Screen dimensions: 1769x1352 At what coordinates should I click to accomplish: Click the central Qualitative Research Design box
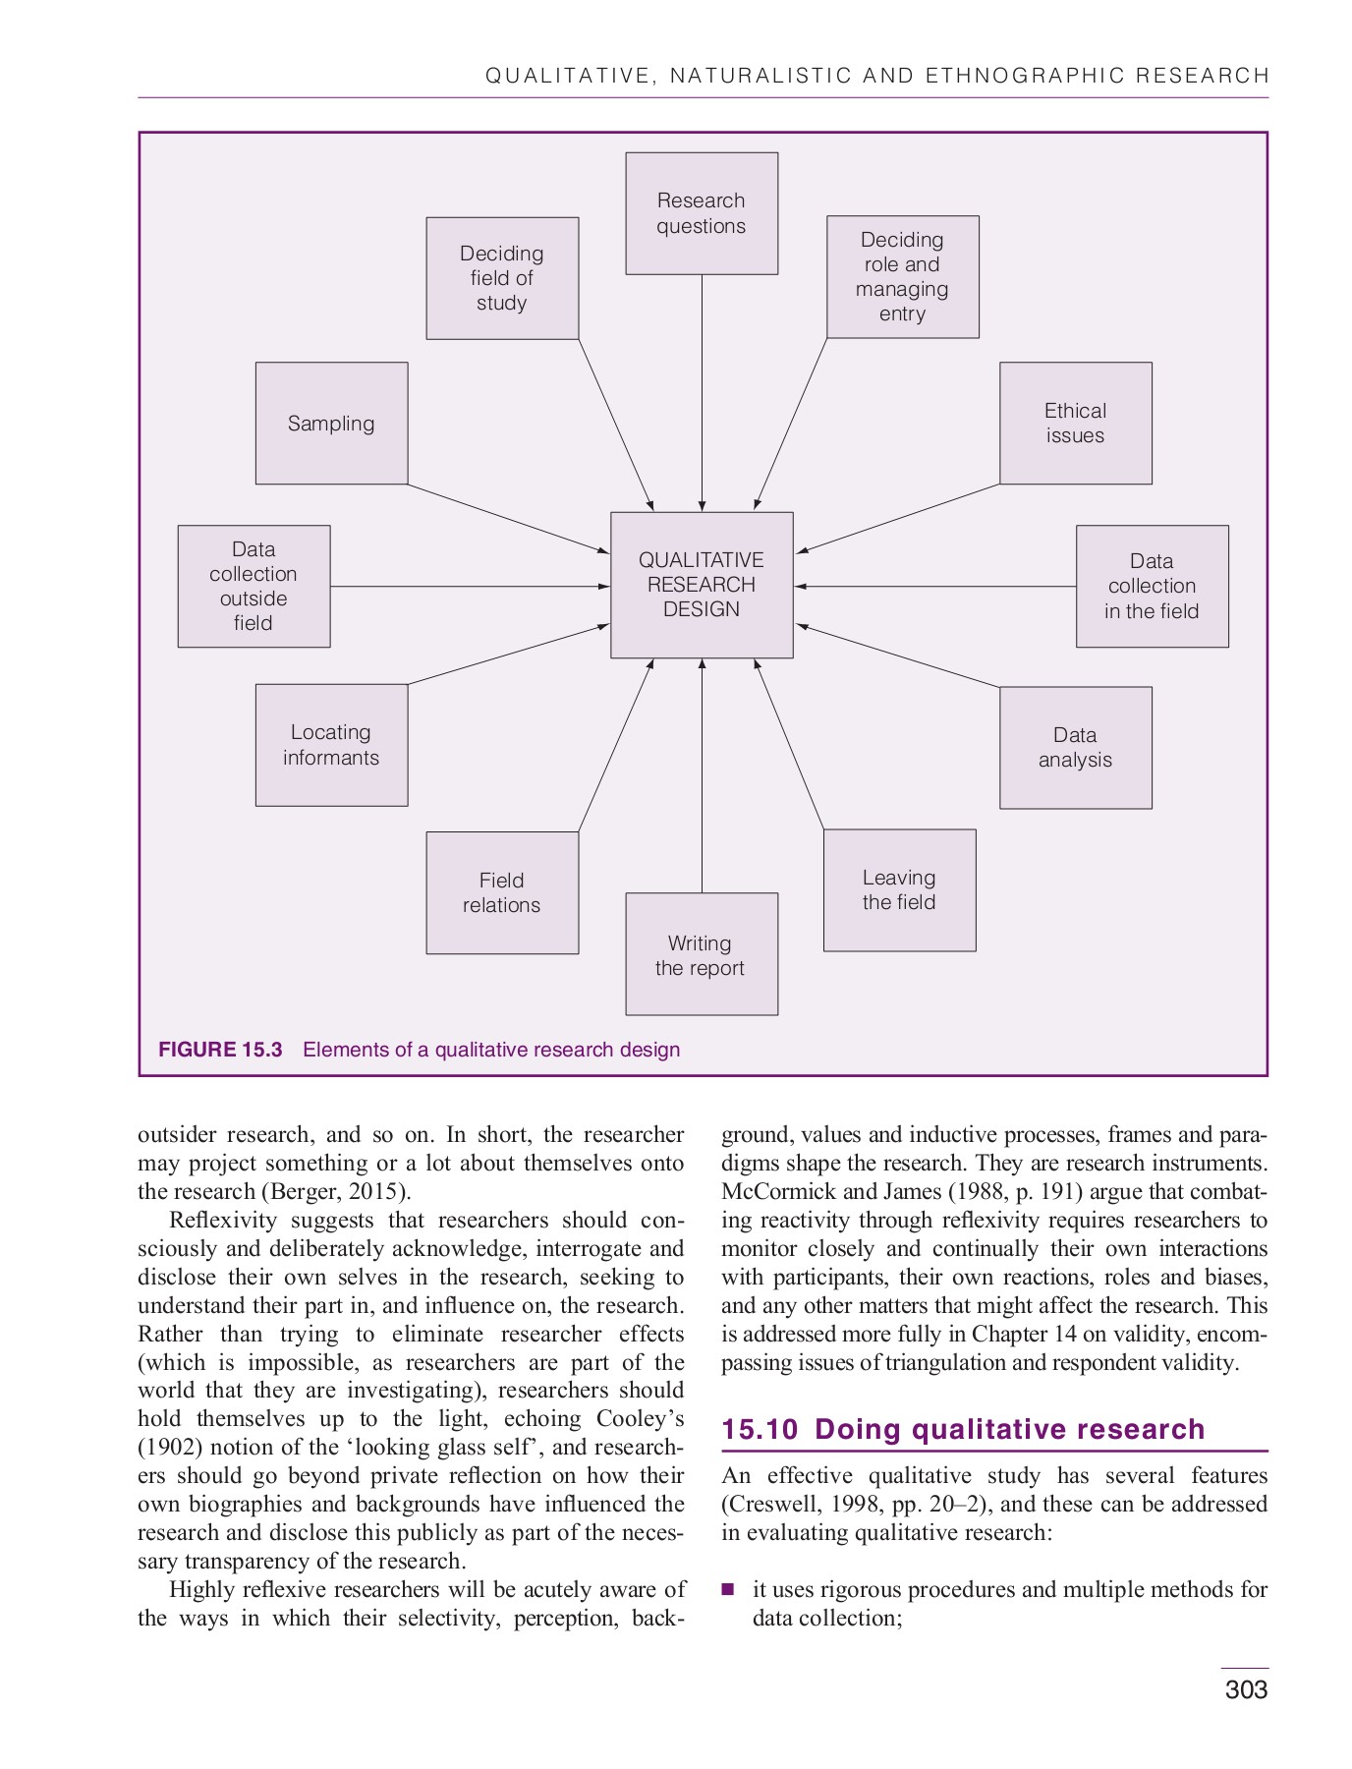point(702,585)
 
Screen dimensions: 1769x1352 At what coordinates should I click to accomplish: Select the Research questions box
point(702,213)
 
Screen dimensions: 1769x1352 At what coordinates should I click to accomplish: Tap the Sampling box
point(331,424)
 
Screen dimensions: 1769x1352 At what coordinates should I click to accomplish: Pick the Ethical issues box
point(1075,424)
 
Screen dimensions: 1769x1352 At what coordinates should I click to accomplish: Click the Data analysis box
point(1075,748)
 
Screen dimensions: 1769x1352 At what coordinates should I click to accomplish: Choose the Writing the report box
point(702,954)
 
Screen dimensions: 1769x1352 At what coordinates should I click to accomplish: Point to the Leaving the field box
point(899,890)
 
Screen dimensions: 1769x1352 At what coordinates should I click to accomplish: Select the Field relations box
point(502,893)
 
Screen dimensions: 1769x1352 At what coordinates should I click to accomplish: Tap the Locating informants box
point(331,745)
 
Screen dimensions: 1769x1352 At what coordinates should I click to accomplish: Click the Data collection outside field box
point(253,587)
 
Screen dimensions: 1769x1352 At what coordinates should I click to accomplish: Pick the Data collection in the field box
point(1152,587)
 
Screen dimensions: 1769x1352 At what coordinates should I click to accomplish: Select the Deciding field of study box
point(502,278)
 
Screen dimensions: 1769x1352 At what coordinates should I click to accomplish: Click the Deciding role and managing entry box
point(902,277)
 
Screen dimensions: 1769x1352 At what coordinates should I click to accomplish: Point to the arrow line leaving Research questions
point(702,393)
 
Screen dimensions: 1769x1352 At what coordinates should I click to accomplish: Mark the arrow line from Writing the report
point(702,776)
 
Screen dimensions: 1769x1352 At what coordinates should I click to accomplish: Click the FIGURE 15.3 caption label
point(220,1050)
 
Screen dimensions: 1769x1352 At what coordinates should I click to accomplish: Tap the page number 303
point(1246,1689)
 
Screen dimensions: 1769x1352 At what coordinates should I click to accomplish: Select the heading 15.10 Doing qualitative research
point(963,1429)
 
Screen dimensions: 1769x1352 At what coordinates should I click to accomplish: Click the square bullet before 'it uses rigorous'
point(728,1589)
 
